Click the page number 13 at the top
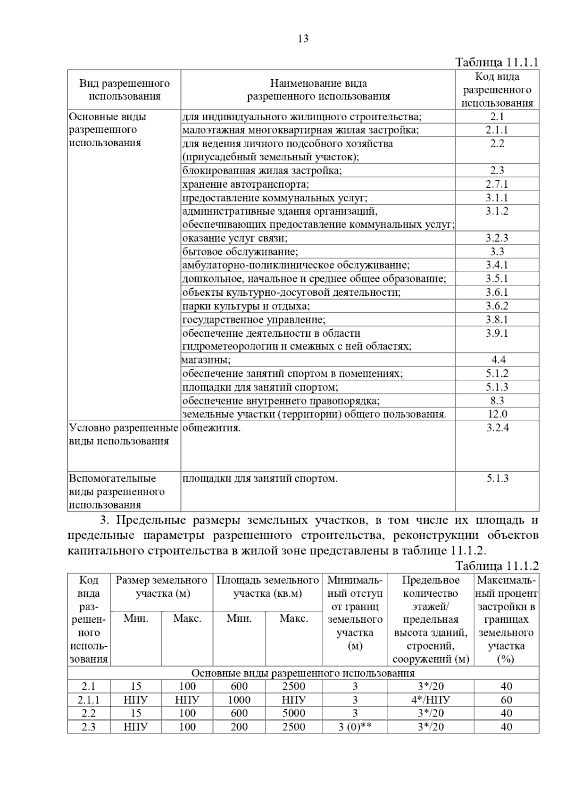[303, 39]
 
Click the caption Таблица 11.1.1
[497, 63]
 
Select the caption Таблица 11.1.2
[497, 566]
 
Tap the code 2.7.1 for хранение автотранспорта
[497, 184]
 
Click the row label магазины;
[207, 360]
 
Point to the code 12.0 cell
[497, 414]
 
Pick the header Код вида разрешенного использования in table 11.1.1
[497, 90]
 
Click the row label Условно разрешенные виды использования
[124, 434]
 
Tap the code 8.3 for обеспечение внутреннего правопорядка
[497, 400]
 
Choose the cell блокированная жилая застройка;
[262, 170]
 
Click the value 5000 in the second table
[293, 713]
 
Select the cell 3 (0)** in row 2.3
[355, 727]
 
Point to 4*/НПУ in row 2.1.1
[430, 700]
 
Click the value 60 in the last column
[506, 700]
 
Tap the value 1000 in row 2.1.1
[239, 700]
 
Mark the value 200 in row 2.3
[239, 727]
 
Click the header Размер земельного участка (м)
[162, 586]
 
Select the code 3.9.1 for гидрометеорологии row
[497, 333]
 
